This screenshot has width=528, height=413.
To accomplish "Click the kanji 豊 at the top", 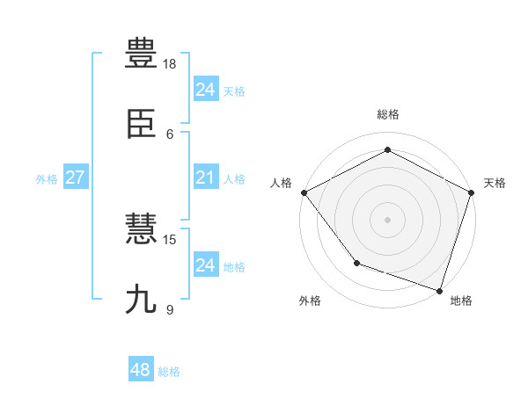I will [x=142, y=53].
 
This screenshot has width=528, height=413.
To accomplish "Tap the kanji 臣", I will [x=142, y=128].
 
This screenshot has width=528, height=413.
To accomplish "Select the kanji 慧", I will [x=142, y=229].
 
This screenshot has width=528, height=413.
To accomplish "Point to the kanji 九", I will [x=142, y=299].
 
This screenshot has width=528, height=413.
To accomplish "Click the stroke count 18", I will [x=170, y=64].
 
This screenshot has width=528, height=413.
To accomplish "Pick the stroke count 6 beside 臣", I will [x=170, y=134].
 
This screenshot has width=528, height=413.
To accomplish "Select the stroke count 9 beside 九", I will [x=170, y=308].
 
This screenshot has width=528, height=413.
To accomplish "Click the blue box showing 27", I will [x=75, y=178].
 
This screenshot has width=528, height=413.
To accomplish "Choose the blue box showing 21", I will [x=205, y=178].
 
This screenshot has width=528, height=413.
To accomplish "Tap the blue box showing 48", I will [x=141, y=370].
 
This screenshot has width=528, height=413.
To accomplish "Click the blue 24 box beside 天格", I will [x=205, y=90].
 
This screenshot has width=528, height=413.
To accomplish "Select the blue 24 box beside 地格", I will [x=205, y=265].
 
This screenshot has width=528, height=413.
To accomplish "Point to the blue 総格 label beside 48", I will [x=169, y=372].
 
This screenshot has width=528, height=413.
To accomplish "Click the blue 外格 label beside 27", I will [x=47, y=179].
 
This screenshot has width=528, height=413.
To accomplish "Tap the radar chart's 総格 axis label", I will [x=387, y=114].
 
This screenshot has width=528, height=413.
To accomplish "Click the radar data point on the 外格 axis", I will [x=356, y=262].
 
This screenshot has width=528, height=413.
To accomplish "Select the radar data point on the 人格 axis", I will [x=304, y=192].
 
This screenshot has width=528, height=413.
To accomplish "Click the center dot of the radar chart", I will [x=387, y=219].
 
